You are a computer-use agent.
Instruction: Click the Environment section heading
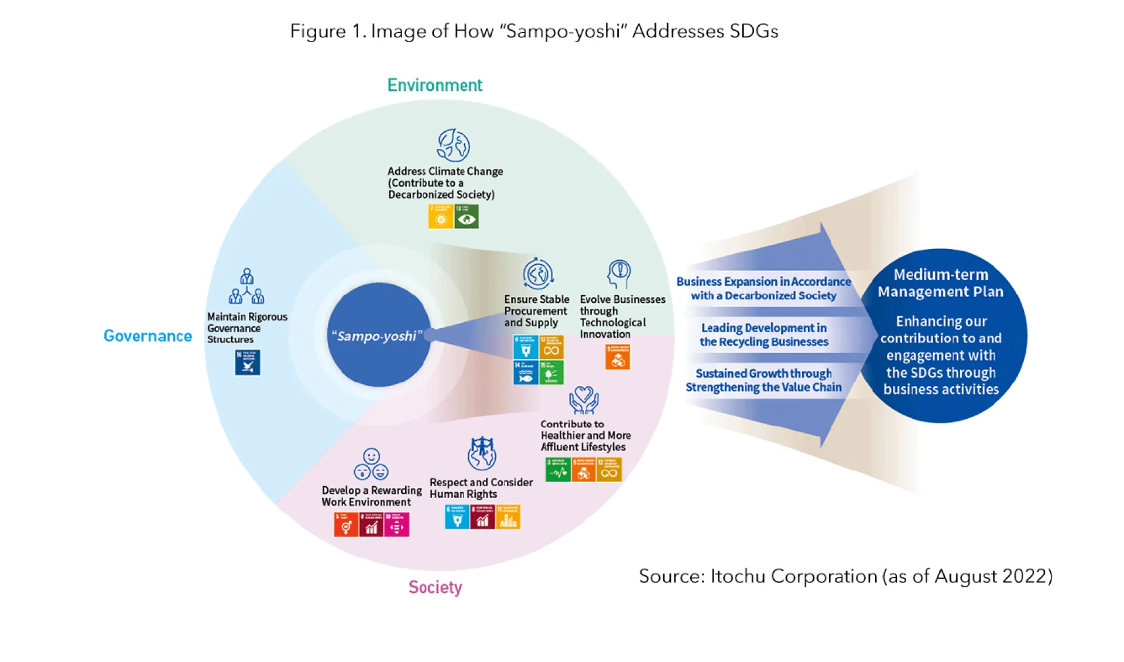(434, 86)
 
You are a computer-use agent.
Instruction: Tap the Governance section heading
(148, 336)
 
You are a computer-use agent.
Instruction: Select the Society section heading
(435, 587)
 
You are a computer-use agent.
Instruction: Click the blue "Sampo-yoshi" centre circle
(378, 335)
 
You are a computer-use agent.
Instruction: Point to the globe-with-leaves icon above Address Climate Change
(454, 145)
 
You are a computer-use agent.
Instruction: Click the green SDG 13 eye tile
(467, 217)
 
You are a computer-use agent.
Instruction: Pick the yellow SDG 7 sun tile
(441, 217)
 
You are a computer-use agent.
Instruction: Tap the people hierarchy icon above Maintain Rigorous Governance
(246, 286)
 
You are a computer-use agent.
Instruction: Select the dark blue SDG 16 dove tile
(248, 363)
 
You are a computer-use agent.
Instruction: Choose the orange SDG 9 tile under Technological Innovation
(618, 357)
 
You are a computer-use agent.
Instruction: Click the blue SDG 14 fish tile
(525, 373)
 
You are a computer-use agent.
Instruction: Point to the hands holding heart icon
(584, 400)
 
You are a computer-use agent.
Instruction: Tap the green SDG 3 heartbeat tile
(557, 470)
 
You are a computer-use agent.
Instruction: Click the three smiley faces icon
(371, 465)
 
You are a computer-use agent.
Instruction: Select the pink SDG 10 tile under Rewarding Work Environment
(397, 524)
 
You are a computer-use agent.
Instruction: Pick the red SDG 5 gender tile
(346, 524)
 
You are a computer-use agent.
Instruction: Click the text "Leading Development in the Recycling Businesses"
(763, 335)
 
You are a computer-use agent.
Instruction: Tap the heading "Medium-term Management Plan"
(940, 283)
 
